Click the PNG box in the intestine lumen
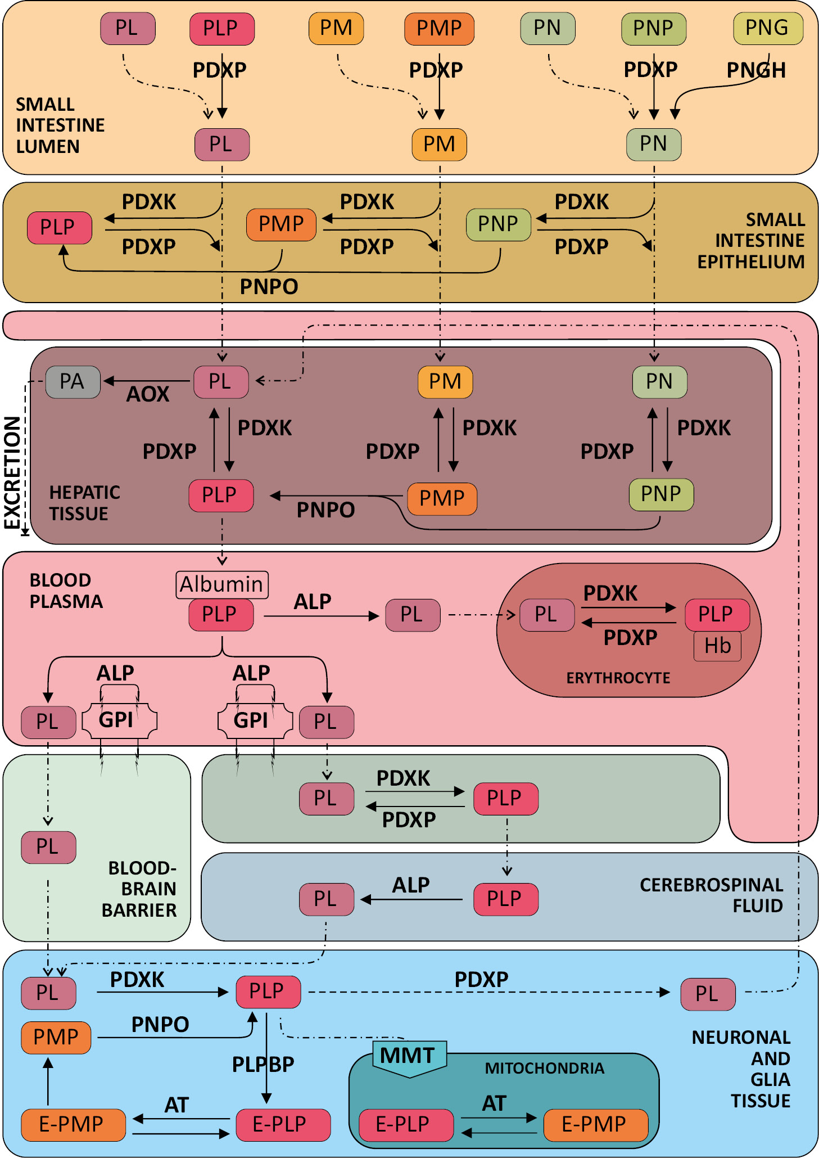[x=768, y=28]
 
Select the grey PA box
[x=73, y=382]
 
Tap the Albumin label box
[x=221, y=584]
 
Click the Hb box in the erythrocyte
[x=717, y=646]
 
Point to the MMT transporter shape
[x=409, y=1056]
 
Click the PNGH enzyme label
[x=755, y=70]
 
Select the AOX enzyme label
[x=147, y=394]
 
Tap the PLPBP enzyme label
[x=263, y=1064]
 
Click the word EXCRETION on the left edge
[x=12, y=472]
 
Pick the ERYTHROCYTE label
[x=618, y=678]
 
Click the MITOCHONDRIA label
[x=544, y=1068]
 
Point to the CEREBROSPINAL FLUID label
[x=711, y=895]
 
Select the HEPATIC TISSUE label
[x=84, y=503]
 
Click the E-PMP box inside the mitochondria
[x=595, y=1124]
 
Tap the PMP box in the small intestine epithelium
[x=281, y=224]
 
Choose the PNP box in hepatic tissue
[x=660, y=494]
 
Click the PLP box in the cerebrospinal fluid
[x=505, y=899]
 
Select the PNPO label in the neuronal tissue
[x=160, y=1024]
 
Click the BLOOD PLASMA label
[x=66, y=591]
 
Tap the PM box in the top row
[x=336, y=28]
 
